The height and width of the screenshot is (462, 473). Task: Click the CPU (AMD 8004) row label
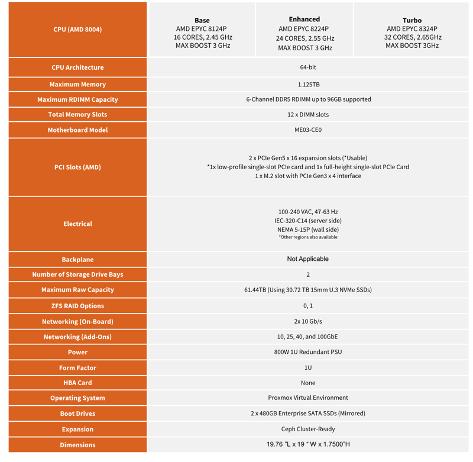pyautogui.click(x=77, y=29)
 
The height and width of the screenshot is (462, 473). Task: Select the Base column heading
pyautogui.click(x=202, y=20)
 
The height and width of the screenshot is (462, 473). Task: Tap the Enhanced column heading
pyautogui.click(x=304, y=20)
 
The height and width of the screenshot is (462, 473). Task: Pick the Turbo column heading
pyautogui.click(x=412, y=20)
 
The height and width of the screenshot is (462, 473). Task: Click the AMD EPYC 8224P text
pyautogui.click(x=304, y=29)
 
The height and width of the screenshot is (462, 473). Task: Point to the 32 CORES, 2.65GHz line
pyautogui.click(x=412, y=37)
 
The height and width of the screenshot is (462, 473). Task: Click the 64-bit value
pyautogui.click(x=307, y=67)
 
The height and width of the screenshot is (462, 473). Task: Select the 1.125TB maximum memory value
pyautogui.click(x=308, y=85)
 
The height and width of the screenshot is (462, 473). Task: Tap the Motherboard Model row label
pyautogui.click(x=77, y=130)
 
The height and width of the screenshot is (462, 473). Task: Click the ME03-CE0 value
pyautogui.click(x=308, y=130)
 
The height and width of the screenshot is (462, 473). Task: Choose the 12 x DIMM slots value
pyautogui.click(x=308, y=115)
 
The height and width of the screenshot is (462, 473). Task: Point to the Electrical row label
pyautogui.click(x=77, y=224)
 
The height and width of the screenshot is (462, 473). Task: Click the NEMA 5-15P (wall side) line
pyautogui.click(x=308, y=230)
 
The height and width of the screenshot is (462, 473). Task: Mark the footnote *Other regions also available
pyautogui.click(x=308, y=237)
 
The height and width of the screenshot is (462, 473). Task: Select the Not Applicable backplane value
pyautogui.click(x=308, y=259)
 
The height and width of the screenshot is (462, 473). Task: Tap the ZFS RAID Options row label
pyautogui.click(x=77, y=306)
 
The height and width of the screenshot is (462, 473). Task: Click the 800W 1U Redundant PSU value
pyautogui.click(x=308, y=352)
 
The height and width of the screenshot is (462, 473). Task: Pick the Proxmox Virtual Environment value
pyautogui.click(x=308, y=398)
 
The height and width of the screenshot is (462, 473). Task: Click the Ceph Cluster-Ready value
pyautogui.click(x=308, y=429)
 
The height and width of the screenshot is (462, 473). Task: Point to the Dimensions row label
pyautogui.click(x=77, y=445)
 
